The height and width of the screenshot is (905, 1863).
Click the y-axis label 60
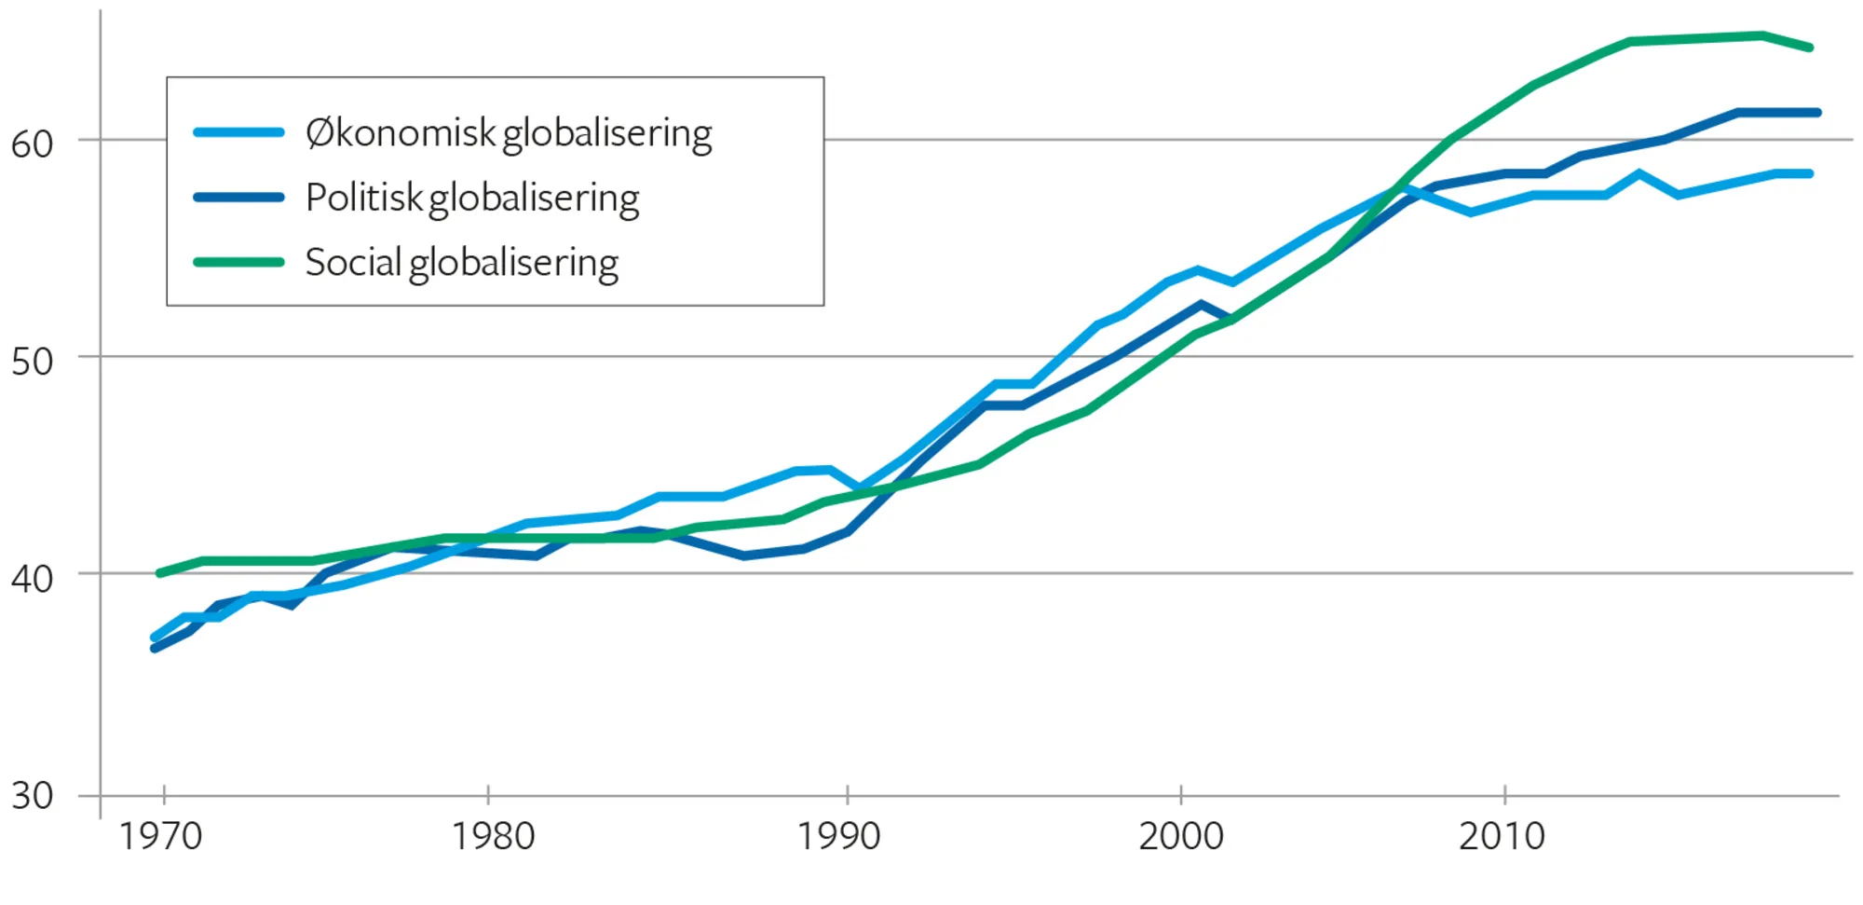coord(32,144)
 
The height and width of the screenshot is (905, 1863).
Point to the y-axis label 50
coord(32,361)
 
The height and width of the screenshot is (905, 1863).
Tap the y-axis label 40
coord(32,579)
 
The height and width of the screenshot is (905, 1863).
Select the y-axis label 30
coord(32,796)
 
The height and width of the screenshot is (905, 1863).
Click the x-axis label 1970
coord(160,836)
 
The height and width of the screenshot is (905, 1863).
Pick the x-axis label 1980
coord(493,836)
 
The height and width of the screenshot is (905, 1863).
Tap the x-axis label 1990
coord(838,836)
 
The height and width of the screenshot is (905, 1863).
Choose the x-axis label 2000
coord(1180,836)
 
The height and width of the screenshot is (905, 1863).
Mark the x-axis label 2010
coord(1502,836)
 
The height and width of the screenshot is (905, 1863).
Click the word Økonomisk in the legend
coord(401,133)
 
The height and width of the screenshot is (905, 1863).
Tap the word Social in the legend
coord(353,262)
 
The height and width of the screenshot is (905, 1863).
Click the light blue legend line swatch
coord(238,132)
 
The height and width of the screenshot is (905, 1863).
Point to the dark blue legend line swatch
coord(238,198)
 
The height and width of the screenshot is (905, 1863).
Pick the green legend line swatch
coord(238,262)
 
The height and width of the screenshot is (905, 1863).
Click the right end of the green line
coord(1810,47)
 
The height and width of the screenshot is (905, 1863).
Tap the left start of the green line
coord(159,573)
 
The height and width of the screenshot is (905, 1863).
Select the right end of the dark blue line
coord(1817,113)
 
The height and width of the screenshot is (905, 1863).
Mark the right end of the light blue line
coord(1810,173)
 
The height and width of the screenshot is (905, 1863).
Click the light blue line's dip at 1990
coord(859,487)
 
